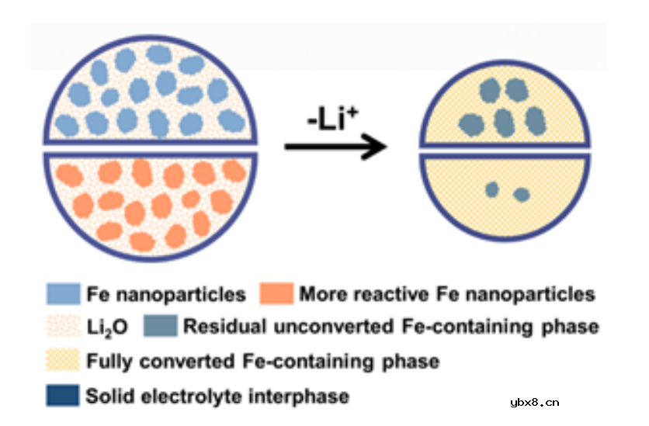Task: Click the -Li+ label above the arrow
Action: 333,122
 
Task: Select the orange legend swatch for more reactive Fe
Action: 272,294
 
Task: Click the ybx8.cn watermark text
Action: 535,402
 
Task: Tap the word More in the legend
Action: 321,295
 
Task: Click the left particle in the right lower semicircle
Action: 491,189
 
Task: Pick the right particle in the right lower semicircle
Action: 521,194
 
